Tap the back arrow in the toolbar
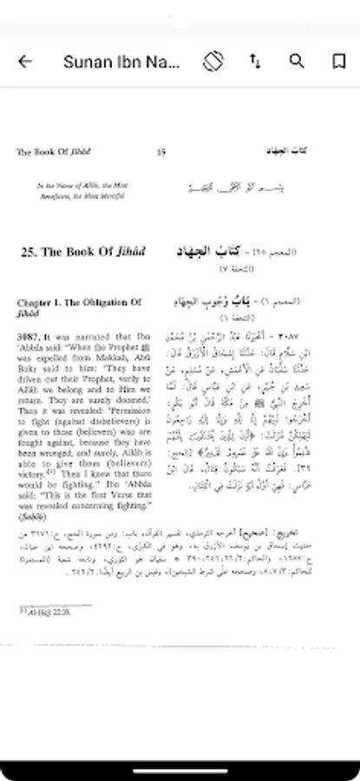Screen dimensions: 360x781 [x=25, y=61]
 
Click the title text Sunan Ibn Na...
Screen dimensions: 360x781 [x=121, y=62]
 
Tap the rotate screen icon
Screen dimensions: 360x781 [x=213, y=61]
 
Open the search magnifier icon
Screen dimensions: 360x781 [x=297, y=61]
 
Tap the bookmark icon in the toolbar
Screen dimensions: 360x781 [x=338, y=61]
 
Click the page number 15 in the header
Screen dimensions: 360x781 [x=160, y=152]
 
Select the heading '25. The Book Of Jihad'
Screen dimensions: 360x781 [x=83, y=253]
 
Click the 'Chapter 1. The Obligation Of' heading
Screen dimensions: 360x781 [x=79, y=303]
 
